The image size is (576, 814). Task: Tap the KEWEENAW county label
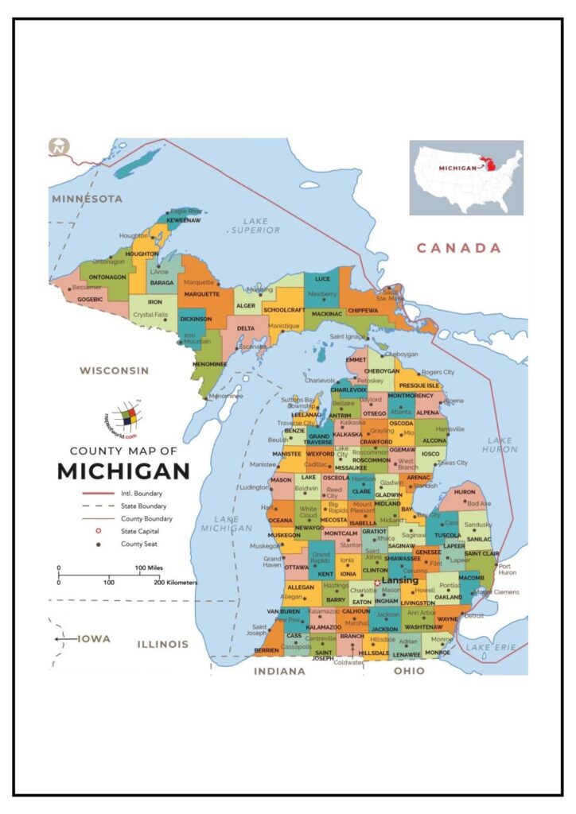183,220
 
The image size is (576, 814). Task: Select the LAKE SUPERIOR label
255,225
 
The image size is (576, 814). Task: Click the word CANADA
459,248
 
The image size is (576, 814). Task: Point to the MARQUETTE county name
201,293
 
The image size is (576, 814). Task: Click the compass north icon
60,147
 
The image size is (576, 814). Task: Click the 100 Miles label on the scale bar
150,568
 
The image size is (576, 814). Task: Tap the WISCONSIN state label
114,370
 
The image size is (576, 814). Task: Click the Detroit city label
474,615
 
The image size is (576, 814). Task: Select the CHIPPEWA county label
363,310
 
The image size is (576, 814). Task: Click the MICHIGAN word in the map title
123,471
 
